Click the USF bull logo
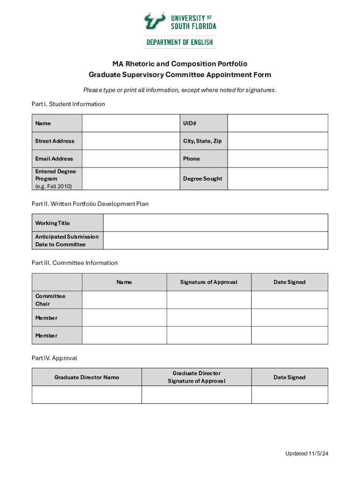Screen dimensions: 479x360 (x=154, y=21)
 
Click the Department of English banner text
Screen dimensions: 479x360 (x=180, y=42)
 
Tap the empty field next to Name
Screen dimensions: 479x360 (x=131, y=123)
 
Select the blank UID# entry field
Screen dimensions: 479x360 (x=278, y=123)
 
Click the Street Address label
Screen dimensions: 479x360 (x=55, y=141)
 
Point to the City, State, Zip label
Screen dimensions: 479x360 (x=202, y=141)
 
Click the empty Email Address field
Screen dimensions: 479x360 (x=131, y=159)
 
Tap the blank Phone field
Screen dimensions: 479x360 (x=278, y=159)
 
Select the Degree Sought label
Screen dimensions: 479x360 (x=202, y=179)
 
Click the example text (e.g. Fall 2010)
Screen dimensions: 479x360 (x=53, y=186)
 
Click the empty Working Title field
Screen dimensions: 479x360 (x=216, y=223)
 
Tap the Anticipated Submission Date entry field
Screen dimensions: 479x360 (x=216, y=241)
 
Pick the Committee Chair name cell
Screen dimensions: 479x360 (x=124, y=300)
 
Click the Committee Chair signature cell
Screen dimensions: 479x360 (x=209, y=300)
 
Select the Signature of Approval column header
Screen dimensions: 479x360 (x=209, y=282)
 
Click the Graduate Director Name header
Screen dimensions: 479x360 (x=86, y=377)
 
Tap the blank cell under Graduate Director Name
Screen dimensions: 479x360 (x=86, y=395)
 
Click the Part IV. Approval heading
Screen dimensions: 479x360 (x=54, y=358)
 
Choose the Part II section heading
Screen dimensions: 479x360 (x=90, y=204)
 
